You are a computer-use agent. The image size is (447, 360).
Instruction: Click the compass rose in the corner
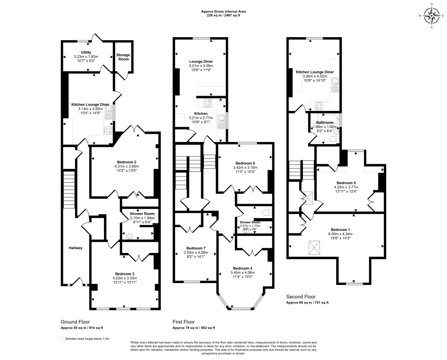tap(432, 17)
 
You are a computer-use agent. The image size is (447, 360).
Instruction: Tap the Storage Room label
tap(123, 57)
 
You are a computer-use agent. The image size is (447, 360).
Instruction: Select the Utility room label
tap(86, 52)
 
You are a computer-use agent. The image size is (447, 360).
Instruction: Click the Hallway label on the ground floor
tap(76, 248)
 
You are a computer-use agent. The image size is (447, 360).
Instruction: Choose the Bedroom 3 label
tap(124, 273)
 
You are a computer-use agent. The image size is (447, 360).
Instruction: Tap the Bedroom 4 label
tap(243, 268)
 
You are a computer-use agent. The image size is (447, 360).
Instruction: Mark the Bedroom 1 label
tap(340, 229)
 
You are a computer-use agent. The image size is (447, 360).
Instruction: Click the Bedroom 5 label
tap(346, 183)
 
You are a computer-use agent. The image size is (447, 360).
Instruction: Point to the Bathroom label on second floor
tap(325, 123)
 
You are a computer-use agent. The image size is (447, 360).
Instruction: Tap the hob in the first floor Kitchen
tap(208, 104)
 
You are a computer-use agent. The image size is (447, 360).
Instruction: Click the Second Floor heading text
tap(301, 297)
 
